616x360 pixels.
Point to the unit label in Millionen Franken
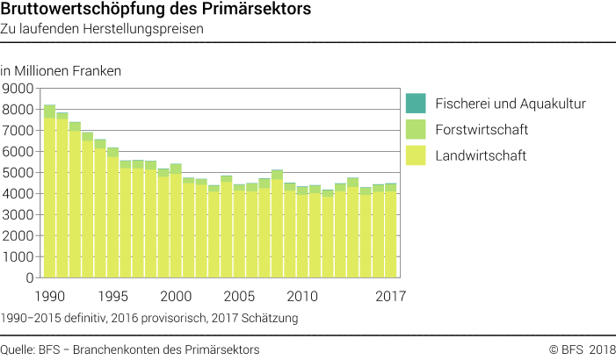pos(61,70)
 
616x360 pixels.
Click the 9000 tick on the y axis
pos(18,88)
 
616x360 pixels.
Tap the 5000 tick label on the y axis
pos(18,172)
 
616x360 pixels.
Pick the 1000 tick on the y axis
pos(18,256)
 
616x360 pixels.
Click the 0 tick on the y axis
pos(29,277)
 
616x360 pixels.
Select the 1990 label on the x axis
pos(49,295)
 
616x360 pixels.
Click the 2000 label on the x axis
pos(176,295)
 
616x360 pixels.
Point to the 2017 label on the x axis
pos(390,295)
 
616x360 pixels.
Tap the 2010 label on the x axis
pos(301,295)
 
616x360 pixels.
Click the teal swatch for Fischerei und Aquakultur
pos(416,104)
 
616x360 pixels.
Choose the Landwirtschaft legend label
pos(482,156)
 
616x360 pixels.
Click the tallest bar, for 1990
pos(49,193)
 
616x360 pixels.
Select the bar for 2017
pos(390,233)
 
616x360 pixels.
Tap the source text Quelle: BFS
pos(130,349)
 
